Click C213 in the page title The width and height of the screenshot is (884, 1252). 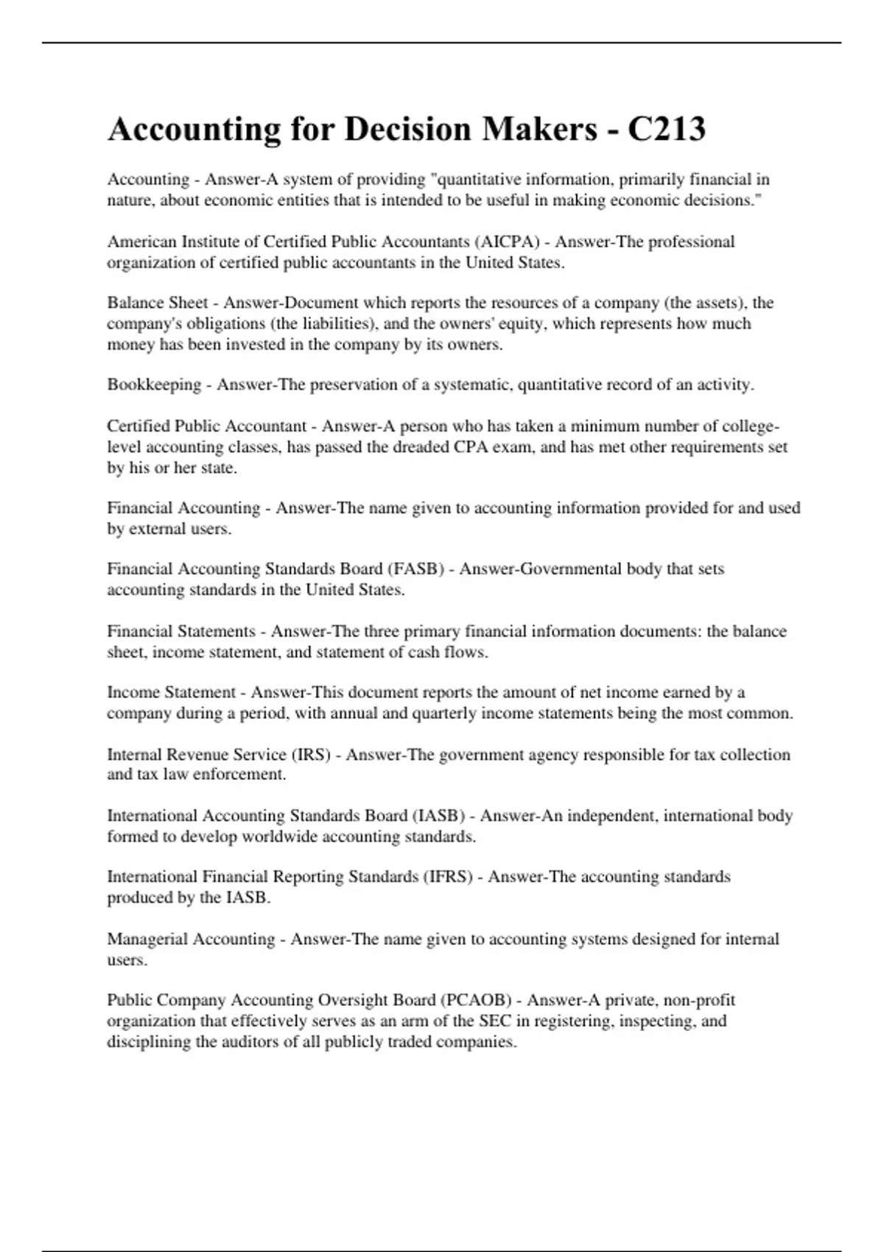(666, 130)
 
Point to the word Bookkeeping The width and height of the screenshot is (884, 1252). (154, 384)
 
